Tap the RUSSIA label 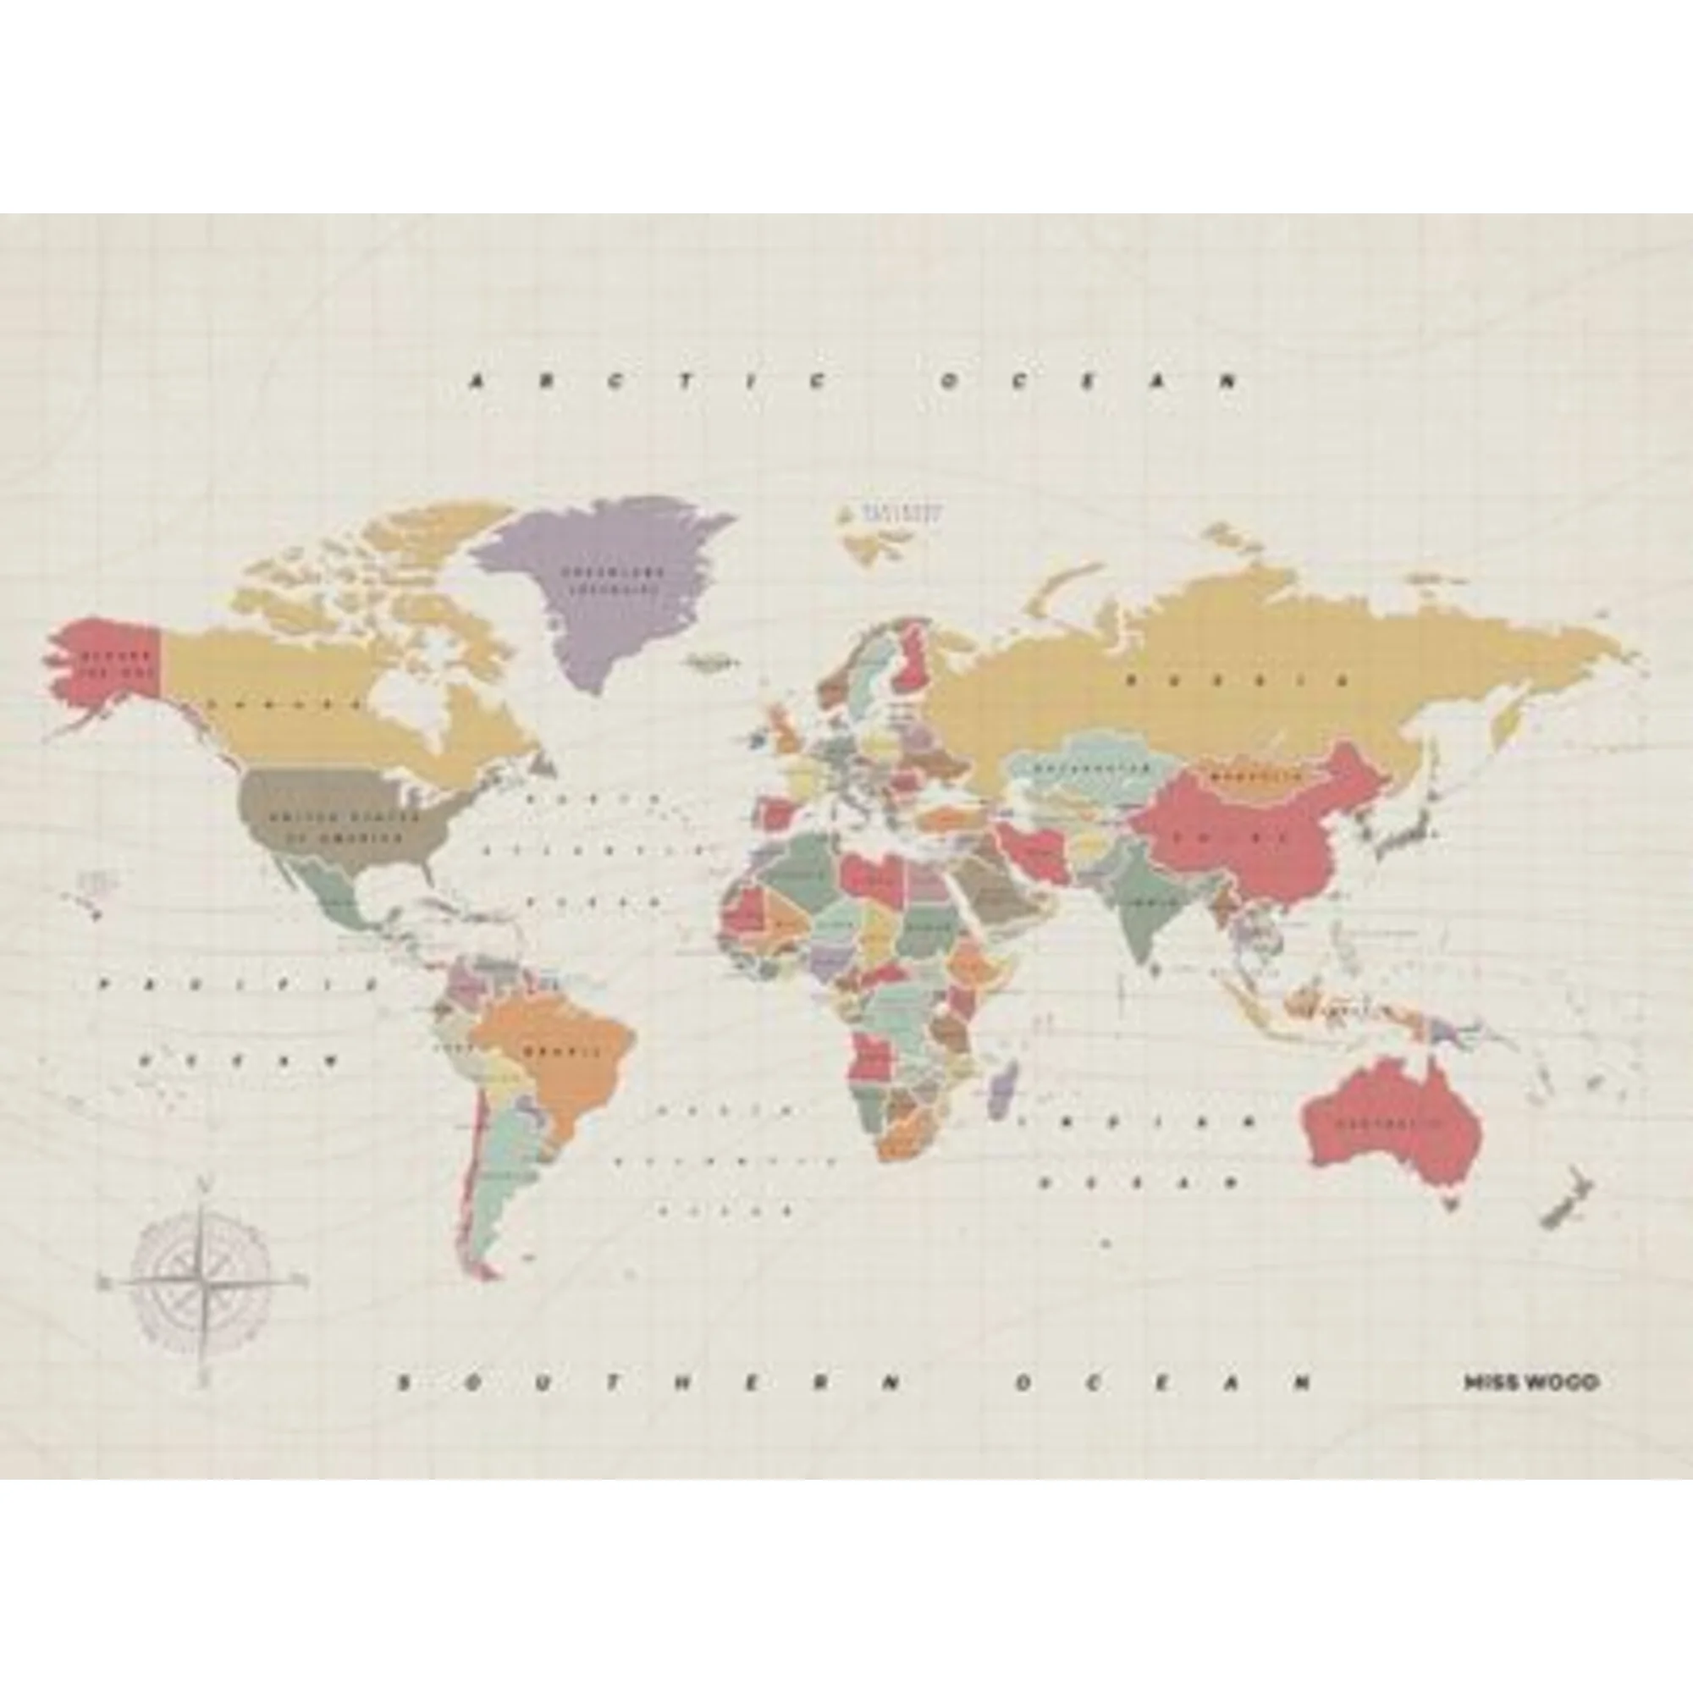(1235, 679)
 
